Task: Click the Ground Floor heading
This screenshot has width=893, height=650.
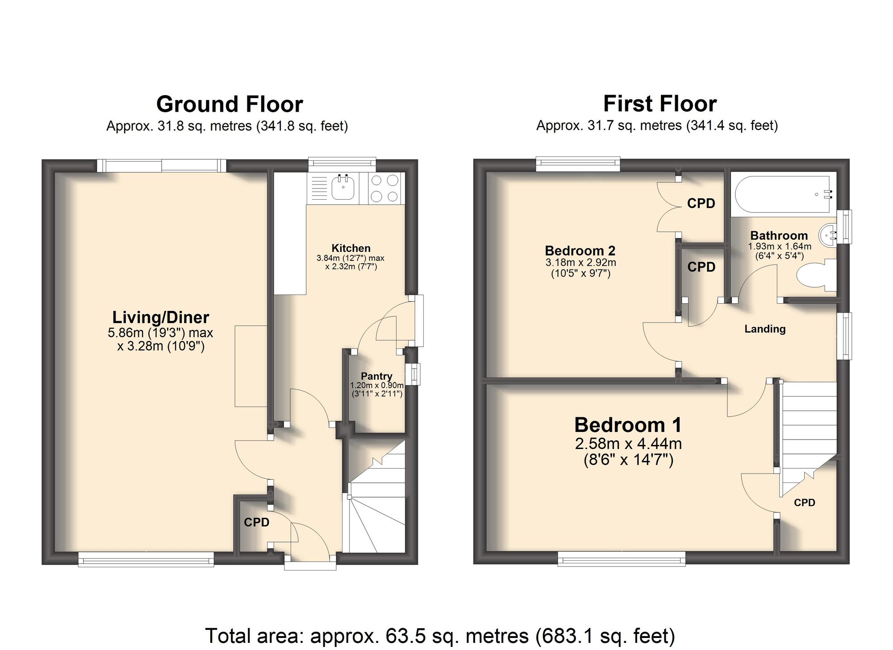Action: (230, 104)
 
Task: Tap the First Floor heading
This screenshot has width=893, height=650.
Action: (659, 104)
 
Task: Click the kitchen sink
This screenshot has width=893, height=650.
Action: (343, 188)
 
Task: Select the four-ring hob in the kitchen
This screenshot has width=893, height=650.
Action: (384, 188)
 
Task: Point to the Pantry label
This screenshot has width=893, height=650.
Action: (376, 376)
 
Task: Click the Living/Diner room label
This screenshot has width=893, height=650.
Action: (161, 317)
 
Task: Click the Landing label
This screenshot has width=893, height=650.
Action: (765, 329)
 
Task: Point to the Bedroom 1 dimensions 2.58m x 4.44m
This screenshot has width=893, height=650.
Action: (628, 444)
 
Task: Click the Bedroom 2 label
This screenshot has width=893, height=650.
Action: (580, 251)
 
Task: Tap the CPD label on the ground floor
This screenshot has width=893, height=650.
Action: (256, 522)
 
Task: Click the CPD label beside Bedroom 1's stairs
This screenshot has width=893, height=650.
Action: (805, 503)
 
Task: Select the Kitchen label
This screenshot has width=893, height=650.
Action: (351, 248)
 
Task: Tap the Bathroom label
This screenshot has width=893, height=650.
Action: (779, 235)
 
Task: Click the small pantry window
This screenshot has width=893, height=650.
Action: (415, 374)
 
